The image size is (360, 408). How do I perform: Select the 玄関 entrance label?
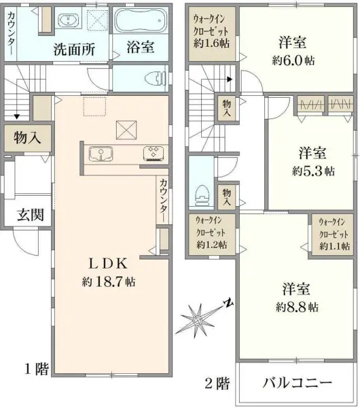[x=31, y=216]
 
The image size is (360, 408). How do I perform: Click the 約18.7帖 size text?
[x=108, y=280]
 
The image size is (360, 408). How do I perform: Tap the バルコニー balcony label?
[x=298, y=383]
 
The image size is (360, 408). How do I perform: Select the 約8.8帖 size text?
[x=297, y=307]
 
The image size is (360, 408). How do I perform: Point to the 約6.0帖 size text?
[x=293, y=59]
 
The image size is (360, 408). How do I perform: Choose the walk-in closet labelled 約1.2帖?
[x=211, y=232]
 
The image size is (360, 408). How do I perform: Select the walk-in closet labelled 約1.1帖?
[x=333, y=233]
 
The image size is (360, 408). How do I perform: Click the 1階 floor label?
[x=37, y=370]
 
